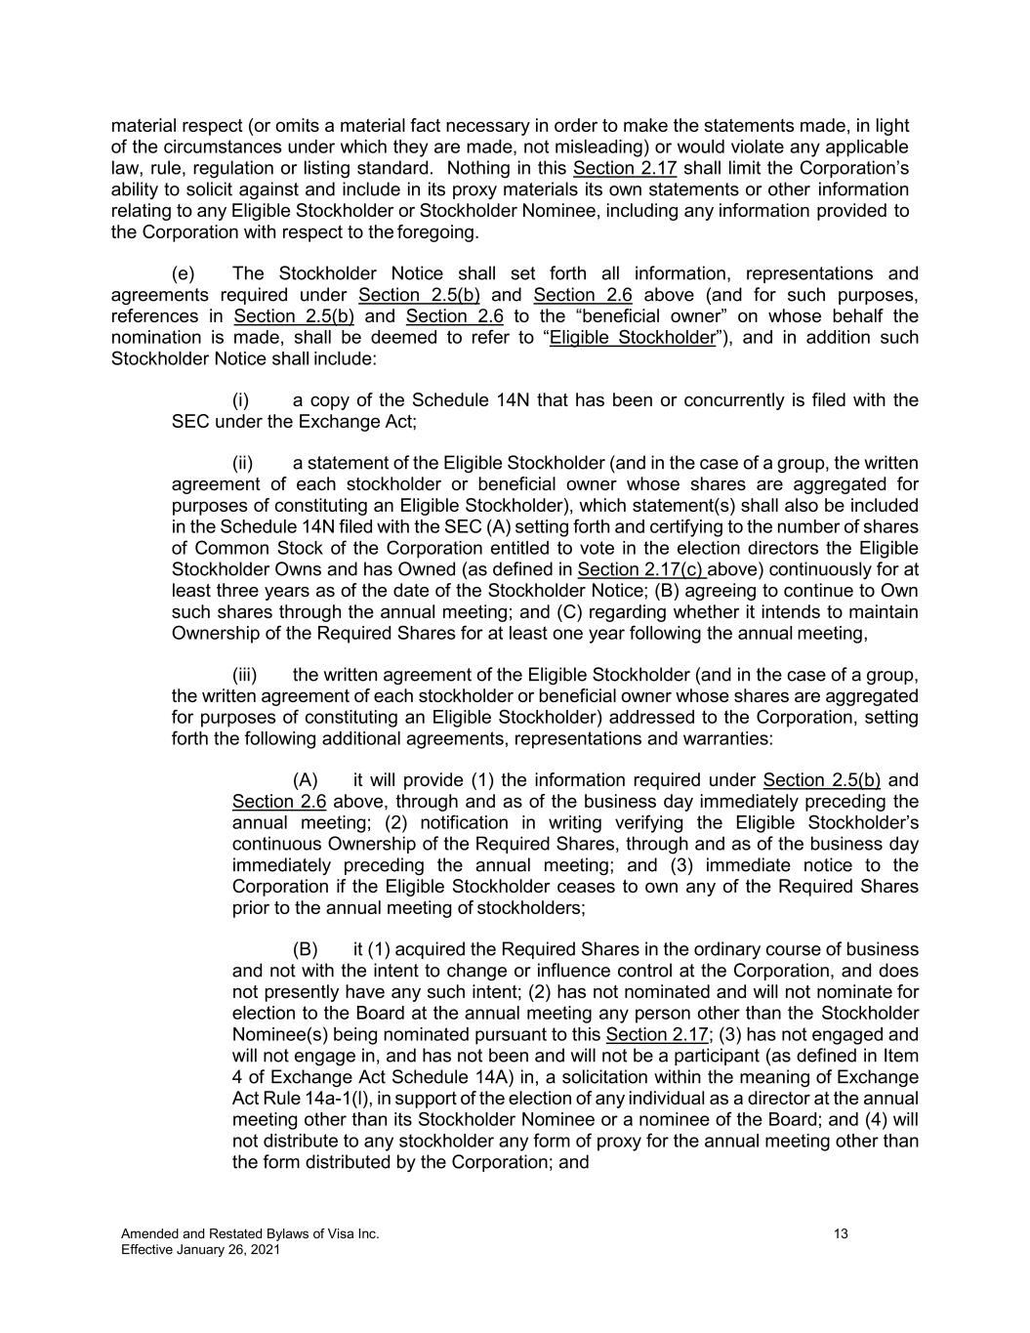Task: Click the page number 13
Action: pos(841,1234)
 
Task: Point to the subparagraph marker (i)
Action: pos(241,399)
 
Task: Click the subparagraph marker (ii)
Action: pos(243,463)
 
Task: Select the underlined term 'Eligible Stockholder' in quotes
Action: pos(632,338)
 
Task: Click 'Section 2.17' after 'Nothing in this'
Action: pos(624,169)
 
